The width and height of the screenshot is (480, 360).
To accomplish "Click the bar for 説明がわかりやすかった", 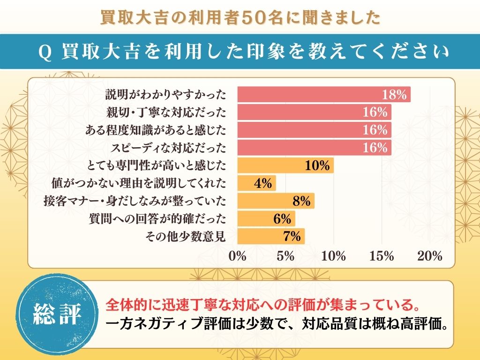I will [323, 94].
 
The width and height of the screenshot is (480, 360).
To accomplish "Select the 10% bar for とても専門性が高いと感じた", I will [285, 165].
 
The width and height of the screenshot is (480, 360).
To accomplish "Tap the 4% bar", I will [256, 183].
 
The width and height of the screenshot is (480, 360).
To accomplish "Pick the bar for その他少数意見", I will [271, 236].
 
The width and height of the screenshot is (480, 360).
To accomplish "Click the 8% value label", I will [301, 201].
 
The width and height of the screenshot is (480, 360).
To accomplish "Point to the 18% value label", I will [394, 95].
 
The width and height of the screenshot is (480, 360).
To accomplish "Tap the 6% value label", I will [282, 219].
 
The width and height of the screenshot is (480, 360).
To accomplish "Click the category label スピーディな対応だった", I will [168, 148].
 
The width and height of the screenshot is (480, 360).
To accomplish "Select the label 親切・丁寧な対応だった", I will [167, 112].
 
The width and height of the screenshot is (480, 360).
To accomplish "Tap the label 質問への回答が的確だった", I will [157, 219].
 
